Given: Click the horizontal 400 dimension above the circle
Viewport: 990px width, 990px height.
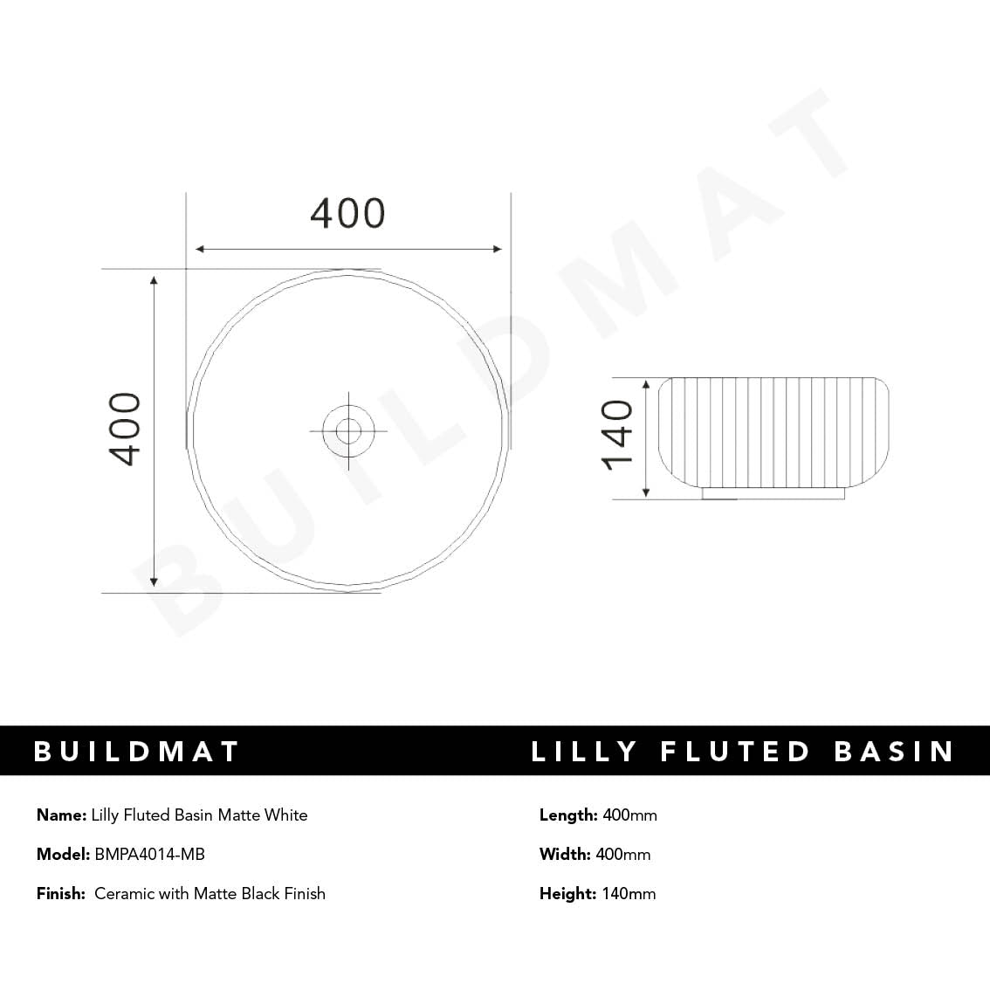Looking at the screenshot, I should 347,214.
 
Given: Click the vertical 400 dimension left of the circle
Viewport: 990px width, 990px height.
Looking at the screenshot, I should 125,429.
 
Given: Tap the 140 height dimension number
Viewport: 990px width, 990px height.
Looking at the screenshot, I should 617,435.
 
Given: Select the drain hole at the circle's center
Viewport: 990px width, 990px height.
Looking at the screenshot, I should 348,430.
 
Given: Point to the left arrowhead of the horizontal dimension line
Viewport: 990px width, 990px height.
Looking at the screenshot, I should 200,250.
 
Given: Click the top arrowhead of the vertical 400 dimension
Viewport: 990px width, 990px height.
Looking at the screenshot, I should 154,281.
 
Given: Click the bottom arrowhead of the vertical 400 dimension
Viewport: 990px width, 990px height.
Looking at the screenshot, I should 154,581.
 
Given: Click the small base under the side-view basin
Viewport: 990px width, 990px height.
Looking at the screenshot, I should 773,494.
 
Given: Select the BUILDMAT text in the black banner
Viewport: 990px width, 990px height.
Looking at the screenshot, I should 136,752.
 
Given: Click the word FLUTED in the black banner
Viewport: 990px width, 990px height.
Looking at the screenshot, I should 735,752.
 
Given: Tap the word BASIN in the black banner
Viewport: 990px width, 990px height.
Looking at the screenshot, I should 894,752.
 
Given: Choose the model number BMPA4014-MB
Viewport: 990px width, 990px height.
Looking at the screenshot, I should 149,854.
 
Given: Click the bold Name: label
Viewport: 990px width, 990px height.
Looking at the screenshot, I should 61,815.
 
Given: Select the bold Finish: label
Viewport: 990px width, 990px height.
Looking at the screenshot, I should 61,893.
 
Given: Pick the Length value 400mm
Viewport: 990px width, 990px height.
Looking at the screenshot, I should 629,815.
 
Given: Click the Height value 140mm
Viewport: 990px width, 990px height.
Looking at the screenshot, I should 629,893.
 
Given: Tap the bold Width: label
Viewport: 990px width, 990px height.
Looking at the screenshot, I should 565,854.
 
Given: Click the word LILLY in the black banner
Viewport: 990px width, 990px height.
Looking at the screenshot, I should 584,752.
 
